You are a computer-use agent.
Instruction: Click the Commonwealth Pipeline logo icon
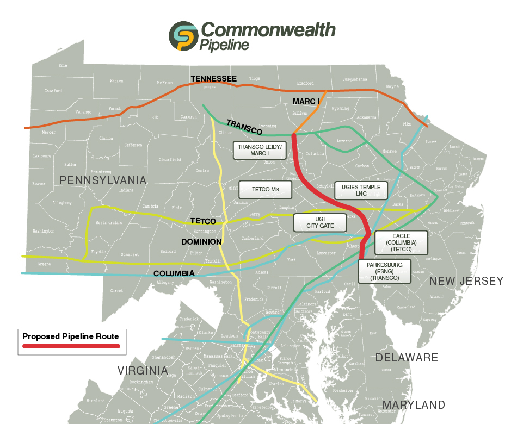tap(183, 36)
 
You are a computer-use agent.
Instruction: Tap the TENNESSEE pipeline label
tap(213, 79)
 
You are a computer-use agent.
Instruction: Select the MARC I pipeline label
tap(306, 102)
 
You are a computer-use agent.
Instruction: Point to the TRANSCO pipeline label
tap(244, 127)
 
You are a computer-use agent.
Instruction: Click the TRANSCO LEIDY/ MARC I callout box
tap(260, 150)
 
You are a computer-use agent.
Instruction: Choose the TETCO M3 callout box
tap(266, 190)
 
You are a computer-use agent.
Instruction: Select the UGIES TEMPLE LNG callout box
tap(361, 190)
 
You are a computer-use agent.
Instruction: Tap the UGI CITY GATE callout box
tap(320, 222)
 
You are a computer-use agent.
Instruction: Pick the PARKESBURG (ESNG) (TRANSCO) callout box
tap(384, 271)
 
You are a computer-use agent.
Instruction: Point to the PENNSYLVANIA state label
tap(103, 180)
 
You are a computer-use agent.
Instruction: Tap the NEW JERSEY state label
tap(466, 281)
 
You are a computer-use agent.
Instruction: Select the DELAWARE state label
tap(407, 358)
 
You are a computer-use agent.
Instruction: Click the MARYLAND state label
tap(414, 405)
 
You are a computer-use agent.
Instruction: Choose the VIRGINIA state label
tap(143, 371)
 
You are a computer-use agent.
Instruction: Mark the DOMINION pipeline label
tap(201, 241)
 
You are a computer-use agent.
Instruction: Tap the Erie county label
tap(63, 65)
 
